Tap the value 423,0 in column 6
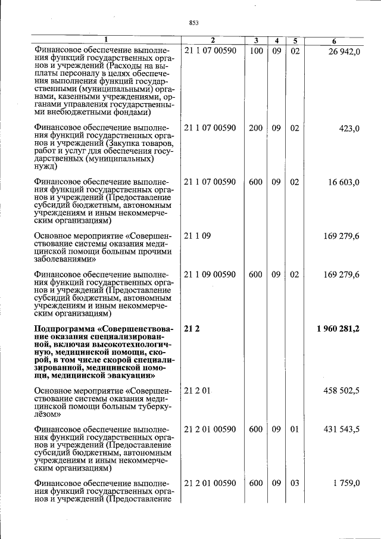[x=348, y=128]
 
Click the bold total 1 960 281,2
[x=338, y=329]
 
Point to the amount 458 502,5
[x=341, y=391]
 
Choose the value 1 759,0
[x=346, y=483]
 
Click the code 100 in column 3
[x=256, y=51]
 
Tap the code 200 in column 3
[x=256, y=128]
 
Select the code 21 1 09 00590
[x=210, y=275]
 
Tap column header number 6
[x=334, y=41]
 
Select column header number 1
[x=106, y=41]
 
